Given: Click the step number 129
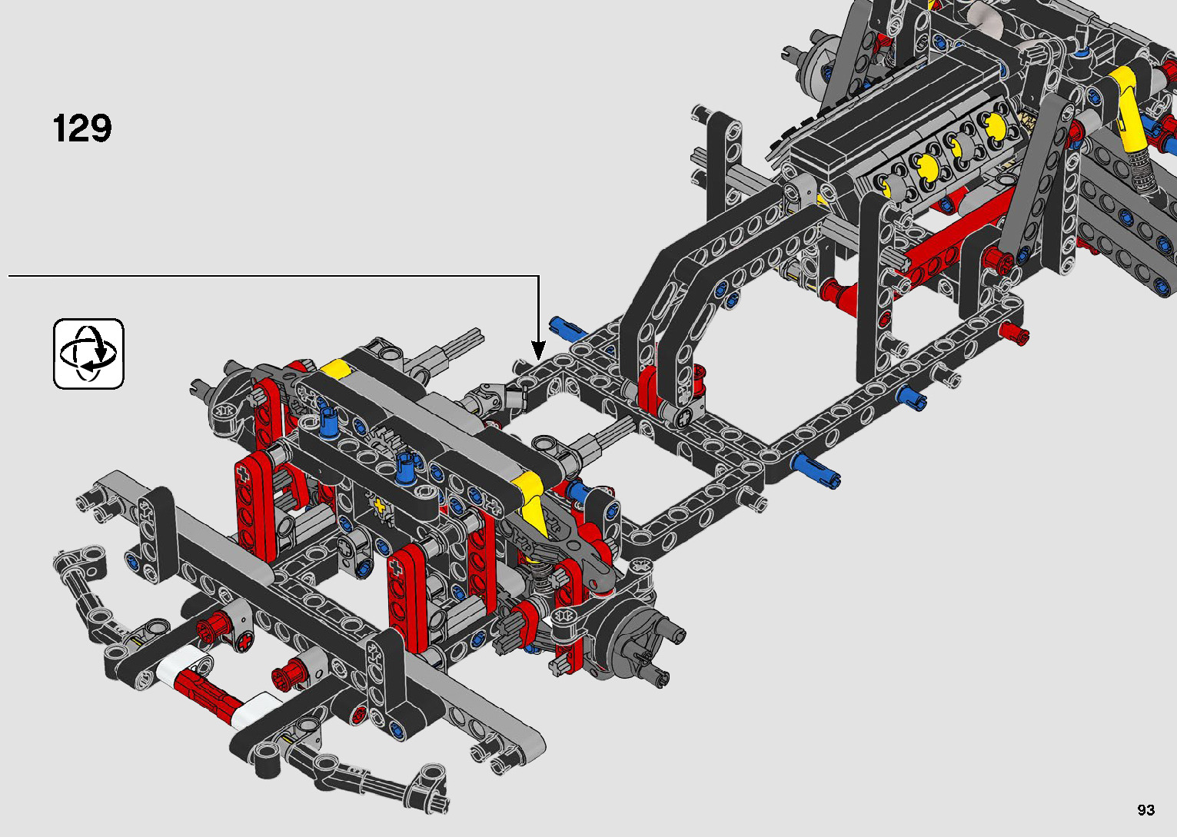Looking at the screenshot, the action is (x=82, y=128).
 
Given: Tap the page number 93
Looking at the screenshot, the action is (x=1146, y=809).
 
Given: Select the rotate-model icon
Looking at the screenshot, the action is (x=88, y=354).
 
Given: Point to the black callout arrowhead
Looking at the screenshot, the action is (x=539, y=350).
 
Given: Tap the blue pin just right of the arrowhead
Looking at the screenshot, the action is (x=568, y=328).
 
